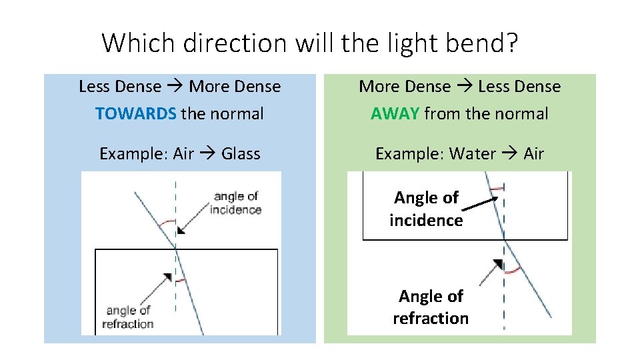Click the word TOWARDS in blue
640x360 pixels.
[x=136, y=114]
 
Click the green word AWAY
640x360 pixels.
[x=395, y=114]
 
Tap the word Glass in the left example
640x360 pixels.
[x=241, y=154]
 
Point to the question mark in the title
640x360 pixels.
[x=511, y=43]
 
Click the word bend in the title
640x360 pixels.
[x=474, y=43]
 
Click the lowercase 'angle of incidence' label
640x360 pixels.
[x=235, y=203]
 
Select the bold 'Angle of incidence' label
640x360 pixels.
[x=426, y=209]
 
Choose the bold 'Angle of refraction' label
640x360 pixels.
[x=431, y=307]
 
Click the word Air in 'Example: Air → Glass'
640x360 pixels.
[x=183, y=154]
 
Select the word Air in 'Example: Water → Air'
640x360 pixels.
[x=534, y=154]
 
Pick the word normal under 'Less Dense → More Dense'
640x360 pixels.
[x=237, y=114]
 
